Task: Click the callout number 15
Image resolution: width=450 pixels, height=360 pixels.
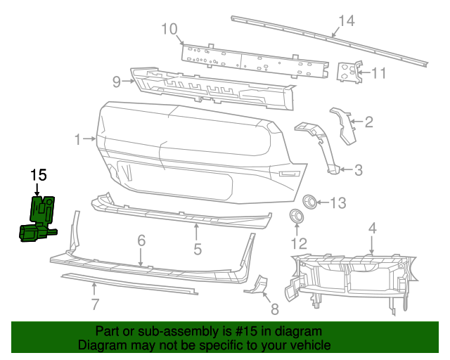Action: (38, 174)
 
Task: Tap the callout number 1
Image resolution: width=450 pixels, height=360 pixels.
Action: (78, 139)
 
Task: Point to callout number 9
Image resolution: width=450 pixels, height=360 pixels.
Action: (117, 82)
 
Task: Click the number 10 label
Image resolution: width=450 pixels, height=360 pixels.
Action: (169, 29)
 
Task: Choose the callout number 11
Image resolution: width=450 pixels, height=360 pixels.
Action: (379, 72)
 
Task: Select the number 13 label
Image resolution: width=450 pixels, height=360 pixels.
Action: (337, 203)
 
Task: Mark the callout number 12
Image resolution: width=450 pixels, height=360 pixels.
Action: (300, 244)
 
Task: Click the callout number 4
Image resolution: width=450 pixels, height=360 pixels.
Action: (373, 228)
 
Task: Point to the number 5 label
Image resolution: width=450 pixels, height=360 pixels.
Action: (198, 248)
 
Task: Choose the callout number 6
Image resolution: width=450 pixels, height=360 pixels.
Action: (141, 240)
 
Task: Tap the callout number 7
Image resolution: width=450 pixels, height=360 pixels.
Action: (94, 304)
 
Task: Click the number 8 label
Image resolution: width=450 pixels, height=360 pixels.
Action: (274, 308)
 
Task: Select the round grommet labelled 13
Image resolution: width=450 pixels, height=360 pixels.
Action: (309, 202)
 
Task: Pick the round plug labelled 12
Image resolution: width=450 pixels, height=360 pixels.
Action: (297, 215)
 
